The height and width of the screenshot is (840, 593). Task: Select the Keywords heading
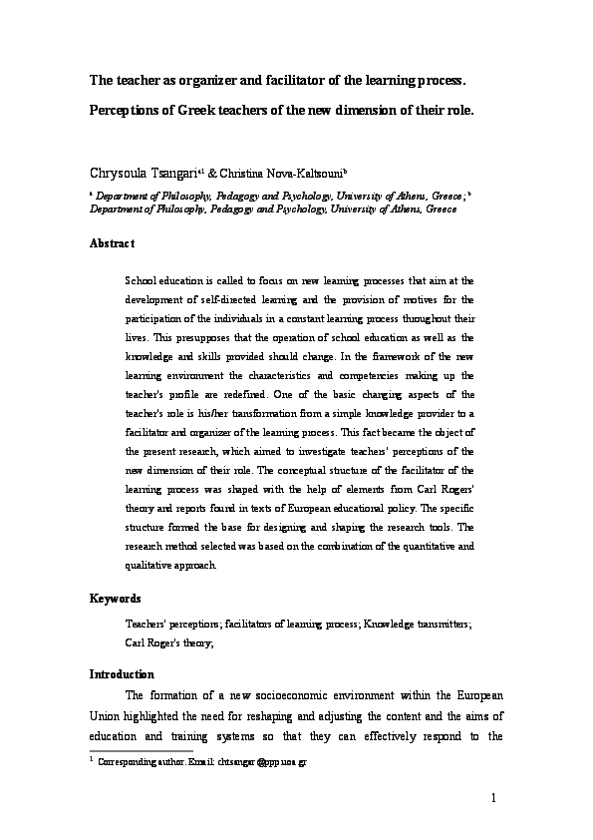pos(116,599)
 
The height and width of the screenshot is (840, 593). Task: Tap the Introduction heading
pos(122,674)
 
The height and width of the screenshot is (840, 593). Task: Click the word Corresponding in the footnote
pos(127,761)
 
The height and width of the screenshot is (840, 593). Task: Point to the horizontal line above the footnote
pos(141,751)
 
